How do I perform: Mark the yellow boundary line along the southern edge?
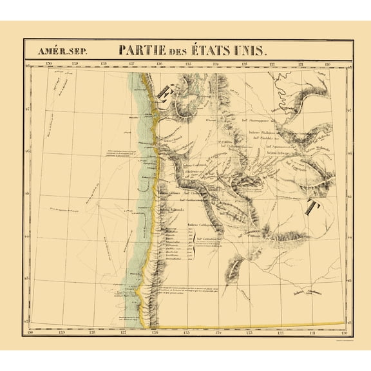pyautogui.click(x=258, y=324)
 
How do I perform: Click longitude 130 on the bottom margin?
pyautogui.click(x=30, y=332)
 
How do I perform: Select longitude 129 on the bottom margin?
pyautogui.click(x=61, y=332)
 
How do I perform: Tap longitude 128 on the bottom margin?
pyautogui.click(x=92, y=332)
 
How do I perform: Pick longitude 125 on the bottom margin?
pyautogui.click(x=187, y=332)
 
